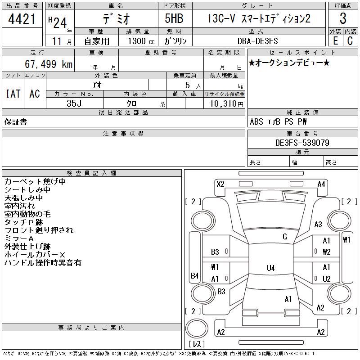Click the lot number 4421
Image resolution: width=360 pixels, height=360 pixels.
(22, 19)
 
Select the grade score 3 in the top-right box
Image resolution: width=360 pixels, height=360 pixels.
(343, 18)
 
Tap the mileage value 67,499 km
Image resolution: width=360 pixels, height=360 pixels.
(49, 64)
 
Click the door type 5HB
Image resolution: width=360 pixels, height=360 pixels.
(174, 18)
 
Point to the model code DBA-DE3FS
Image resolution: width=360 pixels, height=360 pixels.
(257, 41)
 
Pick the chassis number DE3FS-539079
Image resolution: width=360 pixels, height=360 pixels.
(302, 143)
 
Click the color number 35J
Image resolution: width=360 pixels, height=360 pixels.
(74, 103)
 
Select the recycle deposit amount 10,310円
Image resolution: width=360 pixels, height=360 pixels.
(227, 104)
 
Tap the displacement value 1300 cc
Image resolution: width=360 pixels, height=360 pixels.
(141, 41)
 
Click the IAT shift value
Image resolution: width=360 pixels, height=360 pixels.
(13, 94)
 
